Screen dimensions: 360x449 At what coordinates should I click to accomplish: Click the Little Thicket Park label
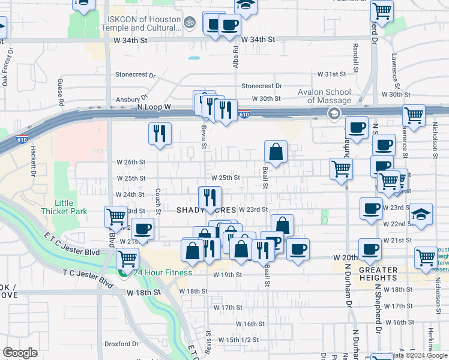pyautogui.click(x=64, y=207)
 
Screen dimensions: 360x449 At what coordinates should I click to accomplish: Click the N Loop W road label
pyautogui.click(x=154, y=107)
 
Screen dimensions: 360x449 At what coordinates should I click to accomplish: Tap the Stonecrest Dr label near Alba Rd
pyautogui.click(x=261, y=86)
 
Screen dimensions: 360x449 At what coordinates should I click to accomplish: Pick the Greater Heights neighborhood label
pyautogui.click(x=378, y=274)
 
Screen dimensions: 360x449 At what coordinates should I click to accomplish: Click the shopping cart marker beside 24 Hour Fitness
pyautogui.click(x=127, y=259)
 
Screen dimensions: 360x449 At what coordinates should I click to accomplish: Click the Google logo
pyautogui.click(x=20, y=353)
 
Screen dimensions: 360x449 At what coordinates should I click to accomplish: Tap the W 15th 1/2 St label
pyautogui.click(x=238, y=340)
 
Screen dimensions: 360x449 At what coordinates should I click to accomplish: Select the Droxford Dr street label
pyautogui.click(x=122, y=344)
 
